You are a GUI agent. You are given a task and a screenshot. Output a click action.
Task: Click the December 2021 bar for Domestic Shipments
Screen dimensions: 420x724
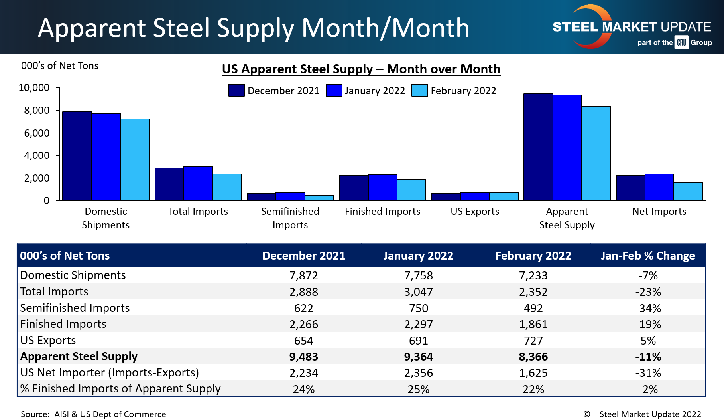(77, 156)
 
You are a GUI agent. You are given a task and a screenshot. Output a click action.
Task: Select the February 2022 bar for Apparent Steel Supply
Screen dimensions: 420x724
(596, 153)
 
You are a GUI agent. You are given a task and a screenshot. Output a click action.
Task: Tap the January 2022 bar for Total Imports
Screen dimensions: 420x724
(198, 184)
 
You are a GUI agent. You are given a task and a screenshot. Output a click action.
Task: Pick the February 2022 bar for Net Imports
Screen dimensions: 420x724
(688, 192)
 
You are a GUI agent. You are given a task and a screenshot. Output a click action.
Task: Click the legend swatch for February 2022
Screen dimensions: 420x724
(419, 90)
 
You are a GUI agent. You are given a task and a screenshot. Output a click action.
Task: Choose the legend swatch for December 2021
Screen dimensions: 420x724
(236, 90)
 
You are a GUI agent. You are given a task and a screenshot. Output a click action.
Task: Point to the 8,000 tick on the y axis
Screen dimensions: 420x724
(37, 111)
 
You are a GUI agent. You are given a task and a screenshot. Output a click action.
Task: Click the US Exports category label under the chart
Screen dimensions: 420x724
(475, 212)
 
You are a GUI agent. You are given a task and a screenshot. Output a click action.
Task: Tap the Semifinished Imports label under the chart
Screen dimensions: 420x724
(290, 218)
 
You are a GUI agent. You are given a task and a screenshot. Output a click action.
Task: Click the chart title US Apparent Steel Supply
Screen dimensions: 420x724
(361, 69)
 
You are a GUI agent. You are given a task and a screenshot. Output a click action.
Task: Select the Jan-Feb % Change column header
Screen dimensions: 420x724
(648, 256)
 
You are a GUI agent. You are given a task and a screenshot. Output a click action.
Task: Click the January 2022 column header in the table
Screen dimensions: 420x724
(418, 256)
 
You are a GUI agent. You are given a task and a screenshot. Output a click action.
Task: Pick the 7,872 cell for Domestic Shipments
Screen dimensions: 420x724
(304, 275)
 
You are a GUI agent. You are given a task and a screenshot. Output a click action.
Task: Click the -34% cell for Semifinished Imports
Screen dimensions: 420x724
(648, 308)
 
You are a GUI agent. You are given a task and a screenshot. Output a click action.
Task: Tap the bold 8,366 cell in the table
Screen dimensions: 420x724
(533, 357)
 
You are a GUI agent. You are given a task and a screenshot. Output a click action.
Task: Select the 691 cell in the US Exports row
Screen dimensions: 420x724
(418, 341)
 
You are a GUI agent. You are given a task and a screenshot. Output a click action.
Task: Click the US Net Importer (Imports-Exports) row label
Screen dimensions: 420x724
(109, 372)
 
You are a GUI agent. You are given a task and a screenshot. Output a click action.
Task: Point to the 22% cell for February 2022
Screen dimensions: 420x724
(533, 389)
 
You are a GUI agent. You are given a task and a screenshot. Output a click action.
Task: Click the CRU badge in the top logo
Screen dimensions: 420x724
(681, 42)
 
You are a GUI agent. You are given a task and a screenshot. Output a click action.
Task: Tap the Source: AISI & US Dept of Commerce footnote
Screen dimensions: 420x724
(93, 414)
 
